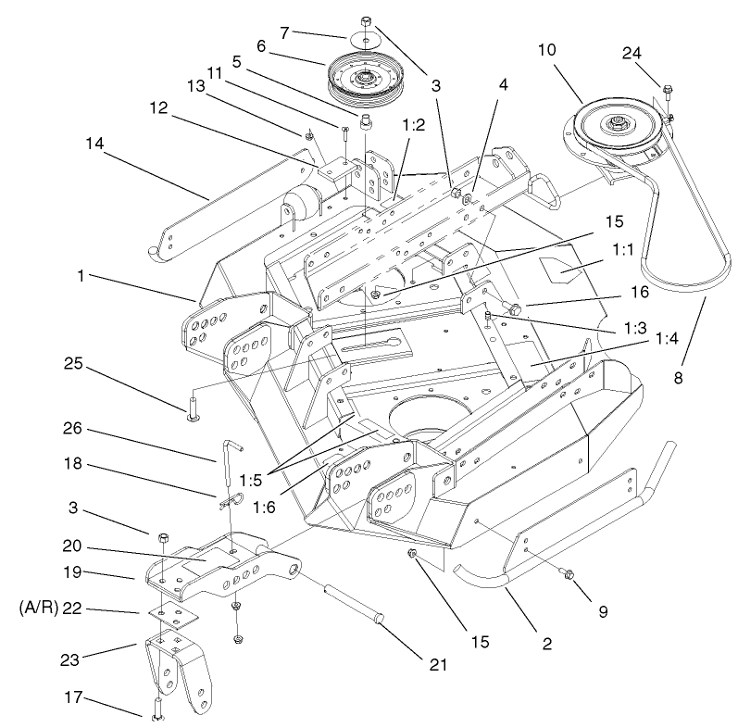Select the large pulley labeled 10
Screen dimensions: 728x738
[x=616, y=125]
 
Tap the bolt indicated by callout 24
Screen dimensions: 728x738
[x=669, y=92]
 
